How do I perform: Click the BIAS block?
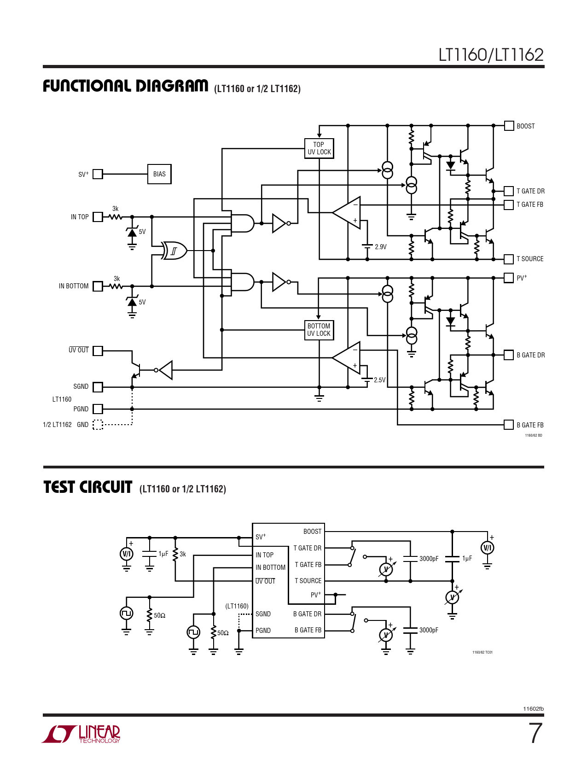[159, 174]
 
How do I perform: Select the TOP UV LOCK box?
[319, 148]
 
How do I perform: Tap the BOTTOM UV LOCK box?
[319, 330]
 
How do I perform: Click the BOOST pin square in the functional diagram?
[509, 126]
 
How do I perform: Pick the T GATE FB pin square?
[509, 205]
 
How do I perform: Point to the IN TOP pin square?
[98, 217]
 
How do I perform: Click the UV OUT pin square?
[98, 351]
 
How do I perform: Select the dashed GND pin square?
[98, 425]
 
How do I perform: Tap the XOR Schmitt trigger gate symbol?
[174, 251]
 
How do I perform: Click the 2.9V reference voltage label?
[381, 247]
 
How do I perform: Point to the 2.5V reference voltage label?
[380, 380]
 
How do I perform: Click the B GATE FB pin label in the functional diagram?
[530, 425]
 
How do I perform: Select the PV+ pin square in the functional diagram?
[509, 278]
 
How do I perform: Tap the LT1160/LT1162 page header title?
[491, 55]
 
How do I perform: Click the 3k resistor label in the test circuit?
[183, 554]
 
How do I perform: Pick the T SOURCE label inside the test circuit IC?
[308, 581]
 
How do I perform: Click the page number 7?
[535, 733]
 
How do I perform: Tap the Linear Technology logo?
[81, 734]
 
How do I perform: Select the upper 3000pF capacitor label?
[429, 559]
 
